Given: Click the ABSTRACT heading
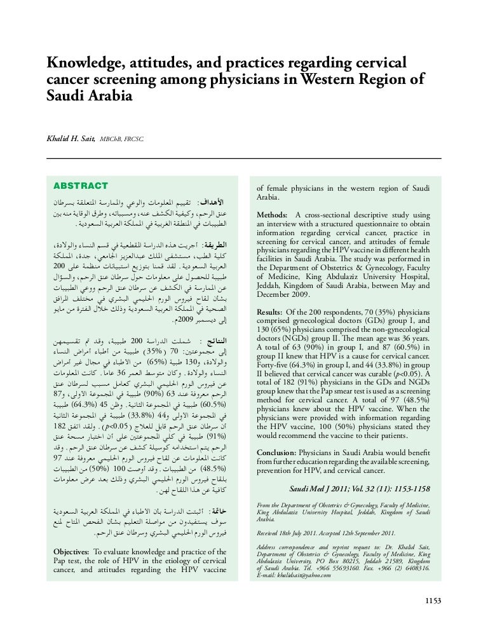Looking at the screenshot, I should pos(81,186).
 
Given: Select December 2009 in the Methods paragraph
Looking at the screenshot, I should pos(285,296).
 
